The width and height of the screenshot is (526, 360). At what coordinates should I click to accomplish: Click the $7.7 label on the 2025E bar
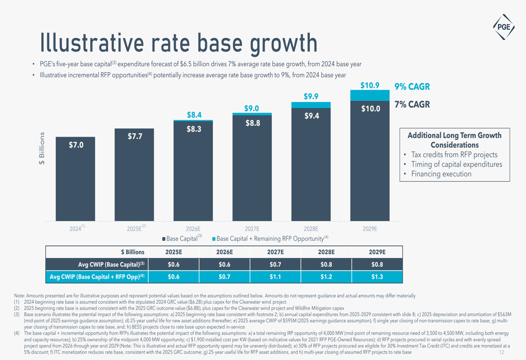point(134,137)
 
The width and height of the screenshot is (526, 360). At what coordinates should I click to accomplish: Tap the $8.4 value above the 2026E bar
point(195,115)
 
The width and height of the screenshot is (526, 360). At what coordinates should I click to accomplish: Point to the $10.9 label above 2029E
point(370,85)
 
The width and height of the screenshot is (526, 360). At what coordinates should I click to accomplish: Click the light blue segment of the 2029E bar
point(370,95)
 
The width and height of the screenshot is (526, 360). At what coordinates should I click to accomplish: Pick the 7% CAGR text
point(408,105)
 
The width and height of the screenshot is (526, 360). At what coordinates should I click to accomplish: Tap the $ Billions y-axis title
point(43,149)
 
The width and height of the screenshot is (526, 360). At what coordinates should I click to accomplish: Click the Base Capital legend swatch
point(163,239)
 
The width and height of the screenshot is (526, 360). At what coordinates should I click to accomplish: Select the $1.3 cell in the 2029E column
point(377,277)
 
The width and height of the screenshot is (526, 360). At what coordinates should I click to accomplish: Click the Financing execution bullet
point(441,174)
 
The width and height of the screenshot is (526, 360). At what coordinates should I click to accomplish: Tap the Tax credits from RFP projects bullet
point(454,155)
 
